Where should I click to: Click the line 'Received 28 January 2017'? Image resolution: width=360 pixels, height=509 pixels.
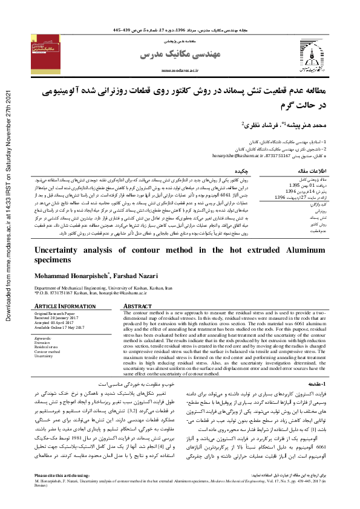pos(59,318)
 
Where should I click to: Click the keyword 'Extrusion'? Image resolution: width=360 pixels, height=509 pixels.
pos(44,343)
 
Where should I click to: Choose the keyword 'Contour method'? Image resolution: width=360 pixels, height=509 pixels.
pos(48,351)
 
